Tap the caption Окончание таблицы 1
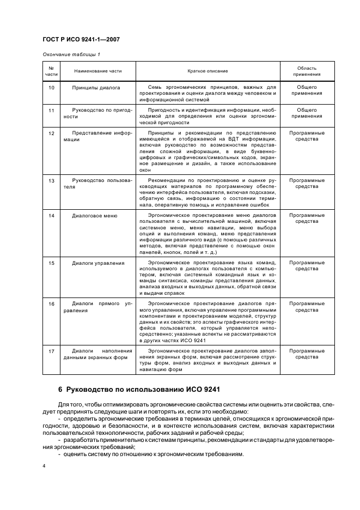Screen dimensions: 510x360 (x=71, y=54)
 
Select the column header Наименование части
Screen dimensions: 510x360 (x=99, y=71)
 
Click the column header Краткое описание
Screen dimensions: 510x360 (x=208, y=71)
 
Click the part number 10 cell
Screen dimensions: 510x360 (x=51, y=87)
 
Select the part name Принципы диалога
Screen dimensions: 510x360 (x=96, y=87)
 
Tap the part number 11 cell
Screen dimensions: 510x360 (x=51, y=111)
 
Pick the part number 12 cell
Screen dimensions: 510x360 (x=51, y=133)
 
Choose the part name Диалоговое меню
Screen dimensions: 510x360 (x=95, y=216)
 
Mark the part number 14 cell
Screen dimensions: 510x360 (x=51, y=216)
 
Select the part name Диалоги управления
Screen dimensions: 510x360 (x=98, y=263)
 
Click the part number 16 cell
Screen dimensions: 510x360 (x=51, y=303)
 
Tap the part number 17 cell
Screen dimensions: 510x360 (x=51, y=351)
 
